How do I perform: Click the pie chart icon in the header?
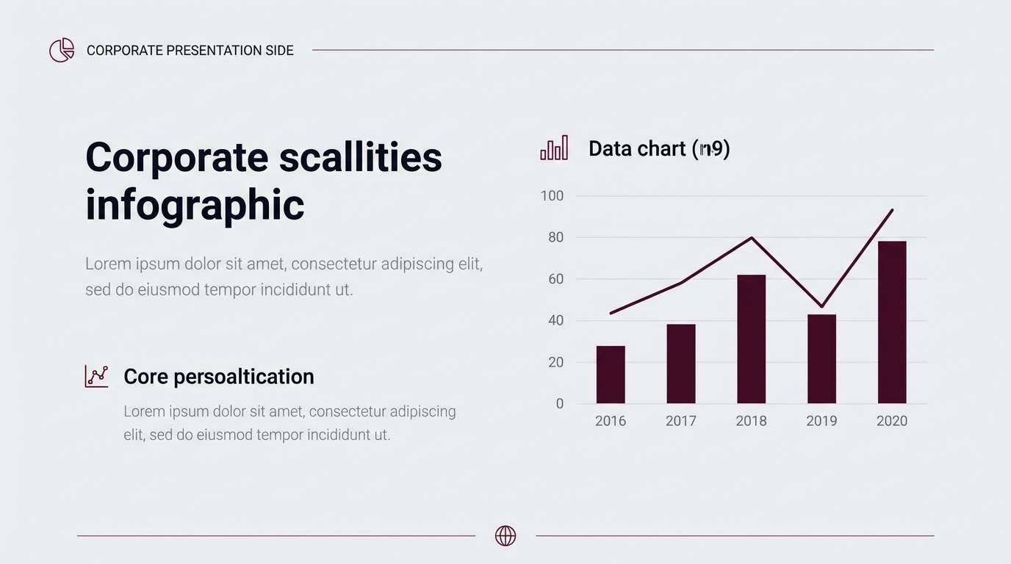(x=62, y=50)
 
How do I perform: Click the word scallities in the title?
(x=360, y=156)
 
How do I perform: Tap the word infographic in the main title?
(x=195, y=204)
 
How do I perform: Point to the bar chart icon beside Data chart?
(x=554, y=148)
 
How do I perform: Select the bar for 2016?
(x=611, y=375)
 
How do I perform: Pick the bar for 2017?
(x=681, y=364)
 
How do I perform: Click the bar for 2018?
(x=751, y=339)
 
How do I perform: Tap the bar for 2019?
(x=821, y=359)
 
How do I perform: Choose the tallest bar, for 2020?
(x=892, y=322)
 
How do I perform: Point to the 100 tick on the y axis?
(x=552, y=195)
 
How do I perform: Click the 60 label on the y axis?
(x=555, y=279)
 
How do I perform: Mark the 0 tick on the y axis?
(x=560, y=404)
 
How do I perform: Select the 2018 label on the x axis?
(x=751, y=421)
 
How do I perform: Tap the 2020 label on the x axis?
(x=892, y=421)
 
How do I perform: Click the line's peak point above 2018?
(x=752, y=238)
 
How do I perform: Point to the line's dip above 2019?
(x=821, y=306)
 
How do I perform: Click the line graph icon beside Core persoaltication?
(x=96, y=376)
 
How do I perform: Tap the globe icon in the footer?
(x=505, y=536)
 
